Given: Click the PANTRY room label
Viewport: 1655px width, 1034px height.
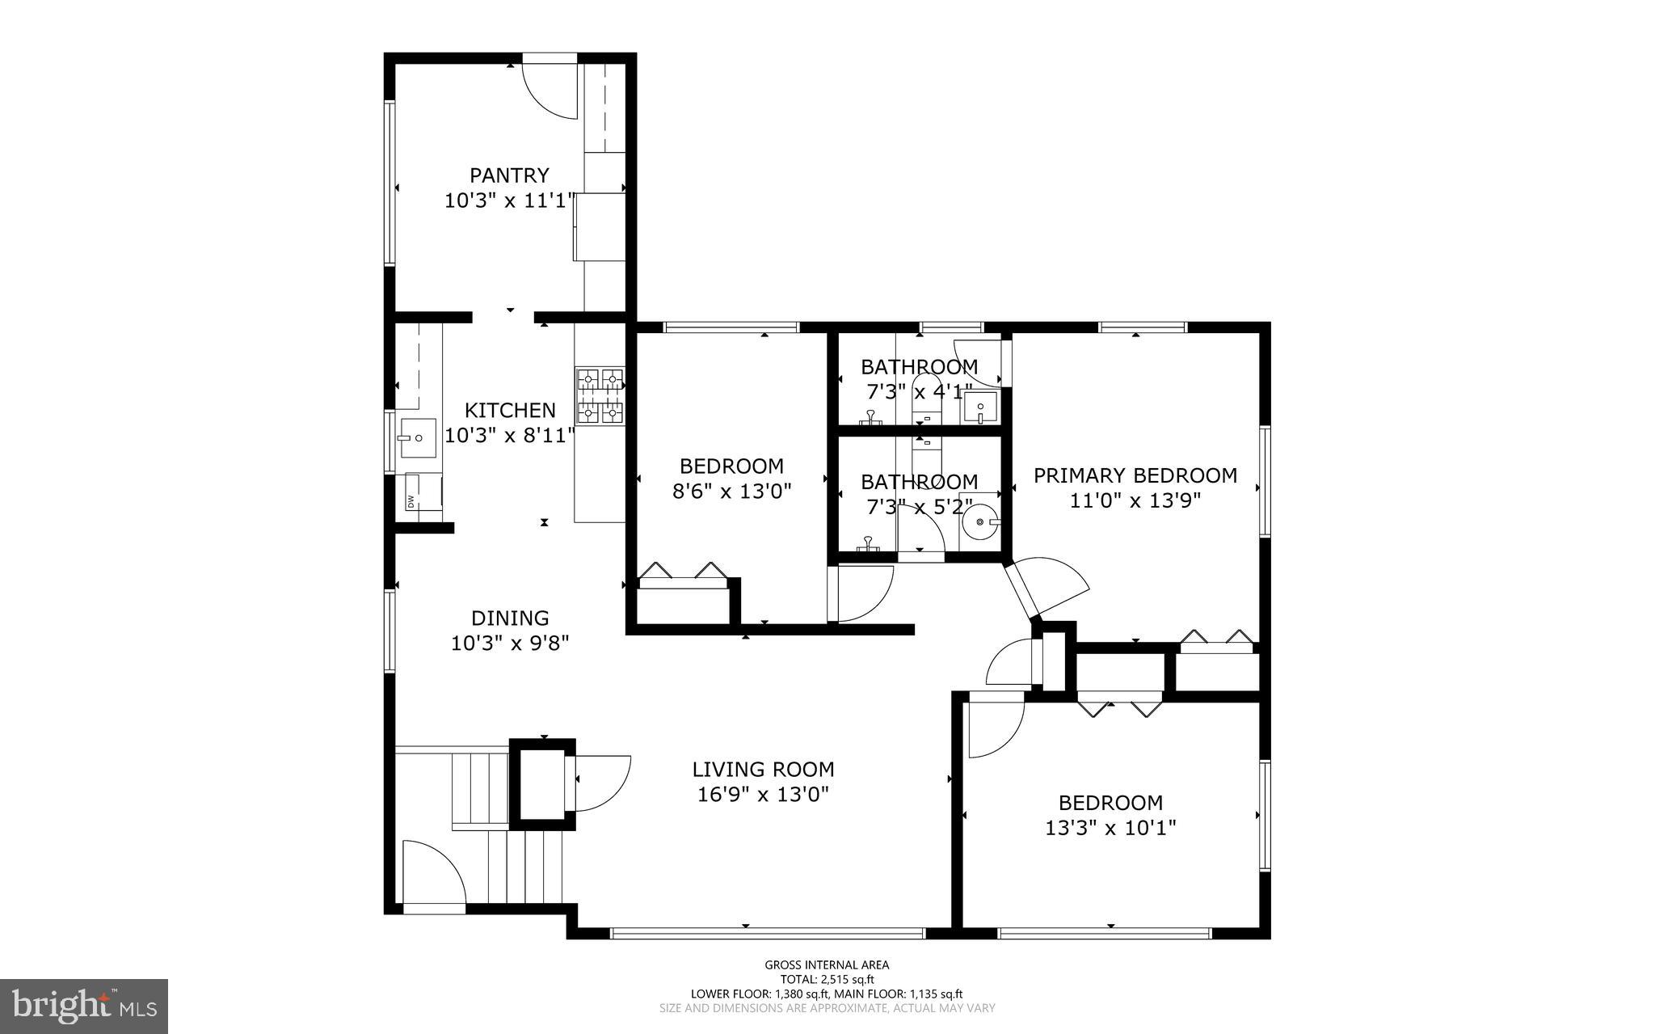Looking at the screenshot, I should [509, 175].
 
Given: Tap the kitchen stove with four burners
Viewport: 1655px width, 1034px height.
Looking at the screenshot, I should [600, 396].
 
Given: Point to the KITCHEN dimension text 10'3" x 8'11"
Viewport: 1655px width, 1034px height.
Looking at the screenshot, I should [510, 436].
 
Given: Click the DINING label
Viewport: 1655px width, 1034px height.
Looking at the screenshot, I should [510, 618].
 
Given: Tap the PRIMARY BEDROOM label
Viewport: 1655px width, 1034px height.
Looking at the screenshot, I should [1135, 475].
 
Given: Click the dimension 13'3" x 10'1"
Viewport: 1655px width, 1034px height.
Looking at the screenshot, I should [1110, 828].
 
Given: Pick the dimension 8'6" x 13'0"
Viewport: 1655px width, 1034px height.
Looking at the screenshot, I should [731, 491].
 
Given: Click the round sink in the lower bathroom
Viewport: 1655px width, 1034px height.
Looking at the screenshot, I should [981, 523].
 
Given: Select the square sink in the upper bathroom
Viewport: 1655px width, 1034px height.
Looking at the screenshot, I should [981, 407].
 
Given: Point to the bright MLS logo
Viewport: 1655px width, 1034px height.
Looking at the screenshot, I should [84, 1005].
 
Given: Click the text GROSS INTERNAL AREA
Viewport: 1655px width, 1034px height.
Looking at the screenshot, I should [827, 964].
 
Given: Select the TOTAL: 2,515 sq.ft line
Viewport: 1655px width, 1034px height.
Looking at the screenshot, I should [827, 979].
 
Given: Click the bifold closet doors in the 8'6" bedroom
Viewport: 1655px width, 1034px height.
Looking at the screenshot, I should [683, 571].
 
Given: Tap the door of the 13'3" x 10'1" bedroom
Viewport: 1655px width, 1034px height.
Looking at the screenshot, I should [994, 726].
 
